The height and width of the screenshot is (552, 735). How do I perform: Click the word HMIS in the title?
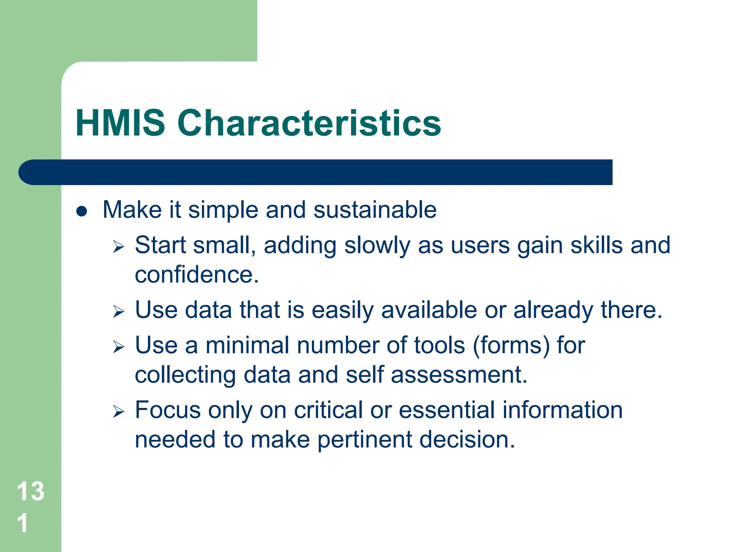click(x=120, y=123)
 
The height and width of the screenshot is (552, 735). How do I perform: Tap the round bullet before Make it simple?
click(x=82, y=211)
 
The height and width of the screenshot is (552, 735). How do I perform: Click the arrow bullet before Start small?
click(x=118, y=247)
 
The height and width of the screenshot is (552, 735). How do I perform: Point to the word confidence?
click(x=196, y=275)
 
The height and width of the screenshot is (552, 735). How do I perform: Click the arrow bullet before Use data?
click(x=118, y=311)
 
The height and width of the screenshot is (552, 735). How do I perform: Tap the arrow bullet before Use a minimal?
click(x=118, y=347)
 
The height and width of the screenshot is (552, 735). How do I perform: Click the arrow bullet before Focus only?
click(x=118, y=411)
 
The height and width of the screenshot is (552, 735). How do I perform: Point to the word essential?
click(x=446, y=410)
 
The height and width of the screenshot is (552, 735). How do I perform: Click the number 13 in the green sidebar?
click(x=31, y=491)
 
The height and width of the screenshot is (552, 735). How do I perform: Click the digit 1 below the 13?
click(x=23, y=523)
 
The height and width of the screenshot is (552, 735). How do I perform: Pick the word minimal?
click(x=247, y=345)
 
